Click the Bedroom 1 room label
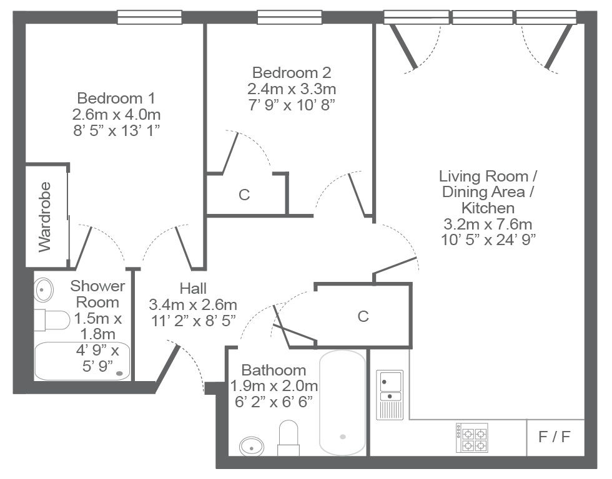click(116, 98)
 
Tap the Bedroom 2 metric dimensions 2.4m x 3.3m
click(292, 89)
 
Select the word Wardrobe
click(45, 216)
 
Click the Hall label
click(193, 288)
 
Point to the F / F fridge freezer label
click(555, 437)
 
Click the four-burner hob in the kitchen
click(471, 437)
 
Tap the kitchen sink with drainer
click(390, 394)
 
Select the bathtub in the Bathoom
click(343, 403)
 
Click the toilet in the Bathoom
click(289, 438)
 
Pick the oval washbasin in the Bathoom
click(252, 446)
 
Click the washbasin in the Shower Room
click(44, 289)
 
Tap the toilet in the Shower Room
click(52, 319)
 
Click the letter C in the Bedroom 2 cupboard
click(244, 195)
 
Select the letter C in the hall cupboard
click(363, 316)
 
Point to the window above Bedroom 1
click(150, 17)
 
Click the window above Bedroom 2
click(290, 17)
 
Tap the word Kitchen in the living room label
click(488, 208)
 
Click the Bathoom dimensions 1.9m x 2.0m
click(274, 386)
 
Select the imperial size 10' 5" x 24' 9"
click(488, 239)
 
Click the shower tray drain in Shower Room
click(120, 374)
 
